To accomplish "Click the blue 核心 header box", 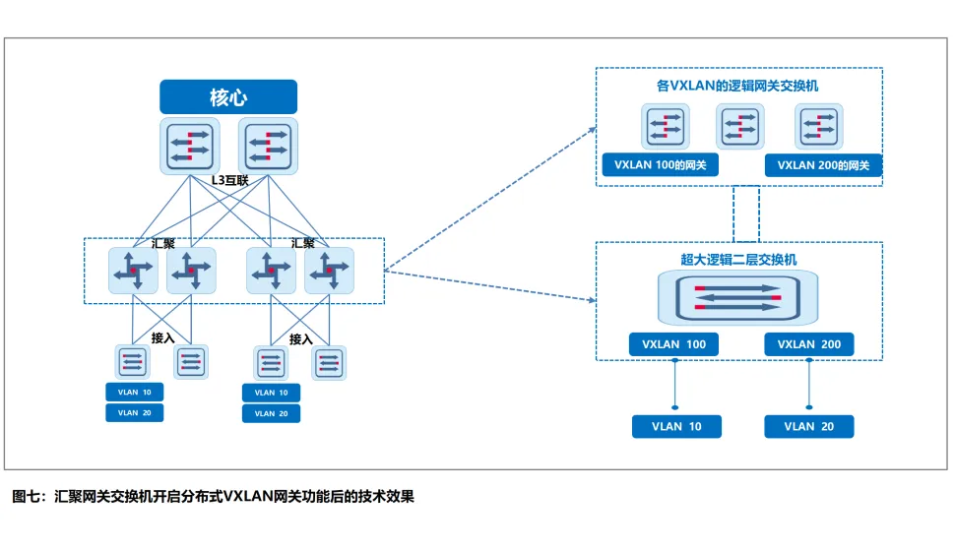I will tap(228, 96).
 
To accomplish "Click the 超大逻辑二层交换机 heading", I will tap(738, 260).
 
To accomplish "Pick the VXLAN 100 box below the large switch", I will tap(673, 344).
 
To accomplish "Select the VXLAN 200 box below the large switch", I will tap(809, 344).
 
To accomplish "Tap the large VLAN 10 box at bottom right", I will tap(675, 426).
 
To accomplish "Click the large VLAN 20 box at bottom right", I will tap(809, 426).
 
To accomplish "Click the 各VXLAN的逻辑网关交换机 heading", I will tap(738, 87).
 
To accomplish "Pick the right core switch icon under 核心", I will tap(267, 145).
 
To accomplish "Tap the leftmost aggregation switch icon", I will tap(133, 271).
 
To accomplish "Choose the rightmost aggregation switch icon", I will tap(329, 271).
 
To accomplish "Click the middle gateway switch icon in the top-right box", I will tap(740, 127).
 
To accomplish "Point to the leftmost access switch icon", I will tap(131, 362).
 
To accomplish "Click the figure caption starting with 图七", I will tap(213, 497).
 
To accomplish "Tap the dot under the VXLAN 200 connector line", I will tap(809, 406).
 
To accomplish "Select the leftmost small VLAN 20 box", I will tap(135, 413).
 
